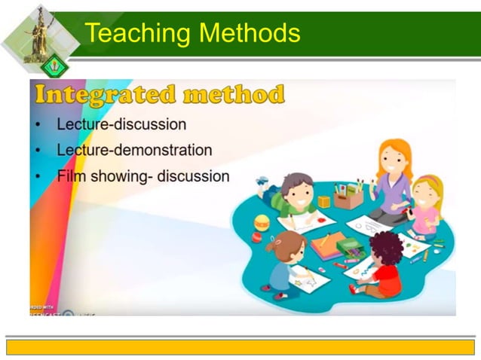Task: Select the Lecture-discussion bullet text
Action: pyautogui.click(x=121, y=124)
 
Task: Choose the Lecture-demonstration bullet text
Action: pyautogui.click(x=134, y=150)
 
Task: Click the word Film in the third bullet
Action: pyautogui.click(x=72, y=176)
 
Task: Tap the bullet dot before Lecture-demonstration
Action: pyautogui.click(x=38, y=151)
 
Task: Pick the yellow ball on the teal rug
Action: pyautogui.click(x=262, y=222)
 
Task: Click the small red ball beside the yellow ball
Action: pyautogui.click(x=256, y=236)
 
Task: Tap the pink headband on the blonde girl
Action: pyautogui.click(x=427, y=182)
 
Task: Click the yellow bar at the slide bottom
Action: pyautogui.click(x=240, y=346)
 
